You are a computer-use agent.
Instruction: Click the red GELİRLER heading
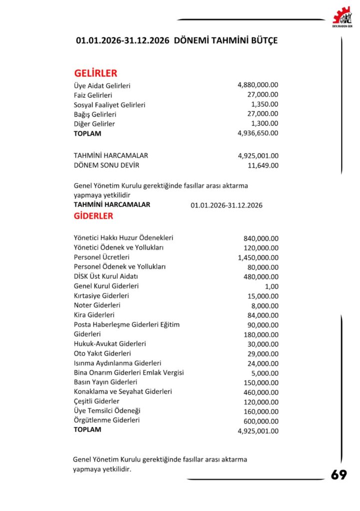[95, 73]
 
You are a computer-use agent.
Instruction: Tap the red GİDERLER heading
[93, 216]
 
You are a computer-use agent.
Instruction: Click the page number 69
[339, 475]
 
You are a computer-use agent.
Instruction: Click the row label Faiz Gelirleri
[93, 95]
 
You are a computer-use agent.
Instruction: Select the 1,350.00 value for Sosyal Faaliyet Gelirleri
[265, 104]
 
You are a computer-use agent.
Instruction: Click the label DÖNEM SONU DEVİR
[106, 165]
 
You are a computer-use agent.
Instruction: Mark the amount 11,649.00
[263, 165]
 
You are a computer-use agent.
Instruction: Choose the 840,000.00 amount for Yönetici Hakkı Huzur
[261, 238]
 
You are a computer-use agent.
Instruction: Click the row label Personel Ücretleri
[101, 257]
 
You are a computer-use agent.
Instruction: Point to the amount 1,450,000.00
[258, 257]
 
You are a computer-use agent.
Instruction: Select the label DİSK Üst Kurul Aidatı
[106, 276]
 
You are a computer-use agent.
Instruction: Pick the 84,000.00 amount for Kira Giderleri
[263, 315]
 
